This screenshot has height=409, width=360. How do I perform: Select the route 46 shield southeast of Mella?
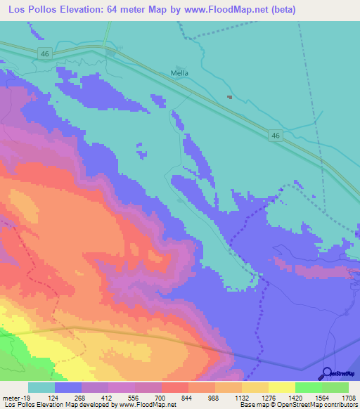276,135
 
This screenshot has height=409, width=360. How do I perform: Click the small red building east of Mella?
229,98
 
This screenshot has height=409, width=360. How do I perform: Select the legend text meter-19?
16,397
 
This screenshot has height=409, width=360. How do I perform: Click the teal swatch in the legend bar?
41,387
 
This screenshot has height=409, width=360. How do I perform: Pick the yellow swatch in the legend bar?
282,387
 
